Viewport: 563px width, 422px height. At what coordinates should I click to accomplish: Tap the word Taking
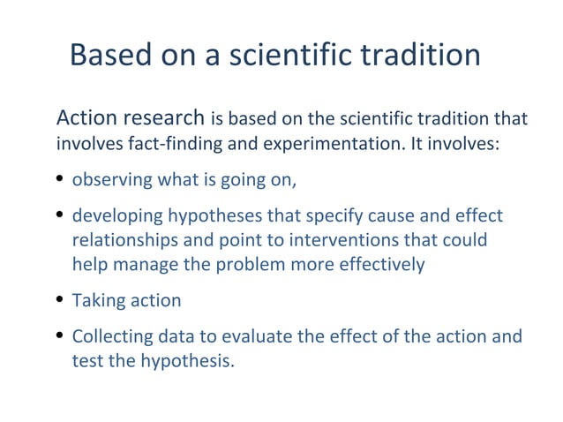(97, 300)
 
